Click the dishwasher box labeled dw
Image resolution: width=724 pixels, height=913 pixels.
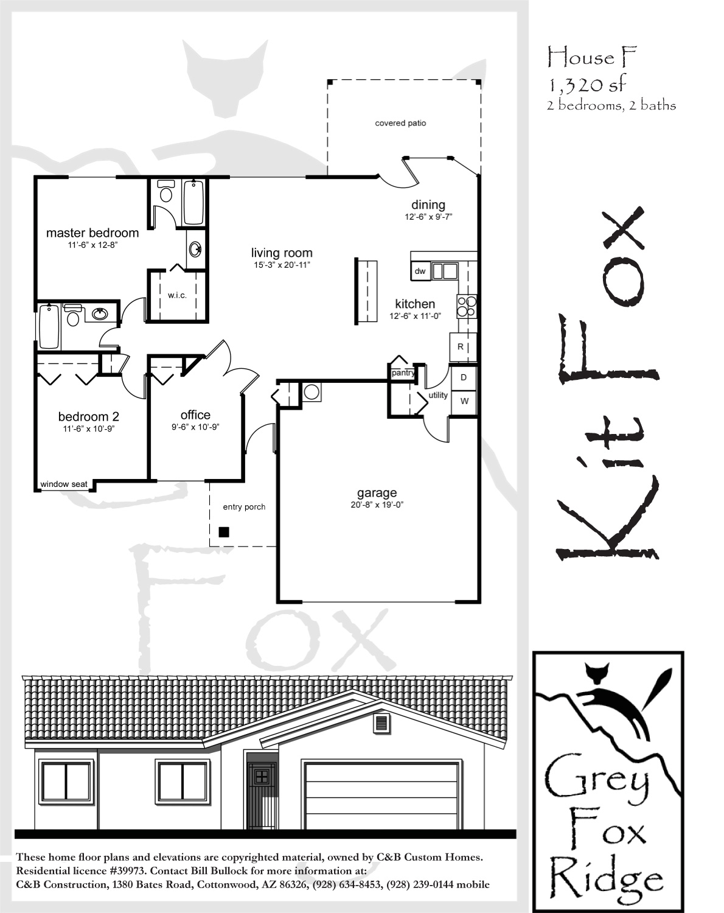point(420,271)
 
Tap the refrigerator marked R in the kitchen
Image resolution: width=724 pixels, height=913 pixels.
point(461,346)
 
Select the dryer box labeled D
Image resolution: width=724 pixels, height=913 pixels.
point(464,377)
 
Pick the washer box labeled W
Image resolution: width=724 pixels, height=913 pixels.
point(464,401)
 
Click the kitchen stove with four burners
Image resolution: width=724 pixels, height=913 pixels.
point(467,306)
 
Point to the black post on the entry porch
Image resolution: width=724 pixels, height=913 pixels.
point(224,531)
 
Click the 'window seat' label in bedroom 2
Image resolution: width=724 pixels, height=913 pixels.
point(64,484)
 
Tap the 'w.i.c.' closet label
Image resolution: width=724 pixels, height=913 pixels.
point(177,295)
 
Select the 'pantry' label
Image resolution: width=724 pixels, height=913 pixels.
point(403,373)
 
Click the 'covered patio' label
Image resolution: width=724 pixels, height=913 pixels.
point(400,123)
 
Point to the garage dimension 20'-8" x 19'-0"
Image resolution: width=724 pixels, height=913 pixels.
point(377,505)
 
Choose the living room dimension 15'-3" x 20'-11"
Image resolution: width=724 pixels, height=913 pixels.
point(282,265)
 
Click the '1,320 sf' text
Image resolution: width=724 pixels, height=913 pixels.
point(588,85)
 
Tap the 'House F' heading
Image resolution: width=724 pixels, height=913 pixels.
point(593,57)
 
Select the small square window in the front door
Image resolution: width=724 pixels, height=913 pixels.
point(262,777)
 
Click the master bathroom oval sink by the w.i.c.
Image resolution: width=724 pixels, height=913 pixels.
point(195,249)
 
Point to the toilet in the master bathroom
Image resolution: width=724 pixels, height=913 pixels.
point(165,191)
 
